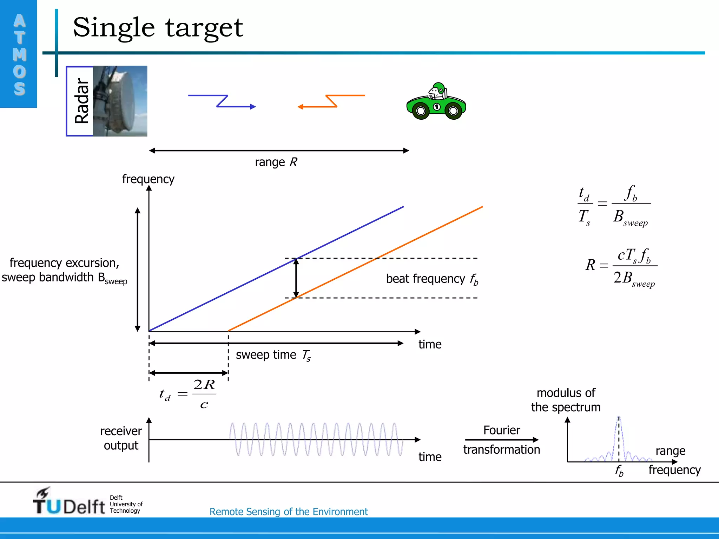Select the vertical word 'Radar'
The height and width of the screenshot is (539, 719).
click(81, 101)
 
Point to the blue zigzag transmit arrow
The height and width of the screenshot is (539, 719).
click(222, 101)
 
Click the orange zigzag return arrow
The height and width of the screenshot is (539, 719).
click(331, 101)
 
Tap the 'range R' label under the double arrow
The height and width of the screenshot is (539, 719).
click(276, 162)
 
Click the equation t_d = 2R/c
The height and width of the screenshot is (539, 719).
click(187, 394)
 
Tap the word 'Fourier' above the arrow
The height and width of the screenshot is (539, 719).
click(501, 430)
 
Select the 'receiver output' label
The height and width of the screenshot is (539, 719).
click(121, 438)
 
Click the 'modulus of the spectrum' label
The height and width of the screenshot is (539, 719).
click(566, 400)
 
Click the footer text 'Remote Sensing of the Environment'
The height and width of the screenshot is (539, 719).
click(288, 512)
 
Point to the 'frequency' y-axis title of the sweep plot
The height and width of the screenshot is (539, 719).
click(148, 179)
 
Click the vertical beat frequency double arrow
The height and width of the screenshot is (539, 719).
click(296, 278)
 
